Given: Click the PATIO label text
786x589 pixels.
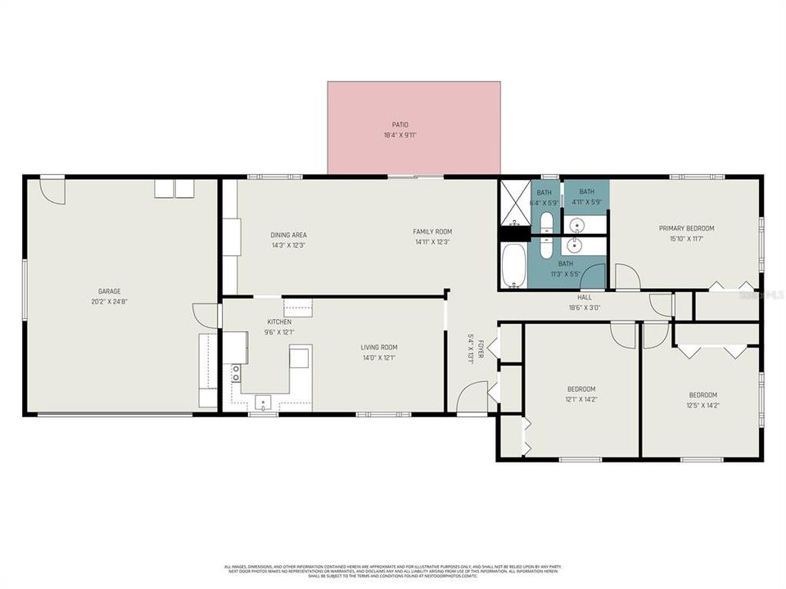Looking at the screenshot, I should coord(400,124).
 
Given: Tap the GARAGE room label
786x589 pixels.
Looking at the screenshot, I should coord(110,291).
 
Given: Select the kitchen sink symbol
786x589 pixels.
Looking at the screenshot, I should coord(264,401).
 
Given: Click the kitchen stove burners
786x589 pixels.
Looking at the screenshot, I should coord(236,374).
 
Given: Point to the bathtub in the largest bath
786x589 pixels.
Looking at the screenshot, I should coord(514,266).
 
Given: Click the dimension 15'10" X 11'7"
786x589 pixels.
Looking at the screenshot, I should coord(687,239).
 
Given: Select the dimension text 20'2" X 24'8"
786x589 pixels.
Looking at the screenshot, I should coord(110,302).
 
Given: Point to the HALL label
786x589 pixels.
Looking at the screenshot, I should coord(584,298).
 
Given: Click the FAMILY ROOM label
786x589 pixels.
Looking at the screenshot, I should coord(431,232).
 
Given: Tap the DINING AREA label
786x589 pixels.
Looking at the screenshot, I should coord(288,235).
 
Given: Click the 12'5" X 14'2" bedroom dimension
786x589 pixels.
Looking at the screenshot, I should coord(702,405).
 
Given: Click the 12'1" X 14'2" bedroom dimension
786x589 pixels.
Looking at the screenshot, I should coord(581,400).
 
